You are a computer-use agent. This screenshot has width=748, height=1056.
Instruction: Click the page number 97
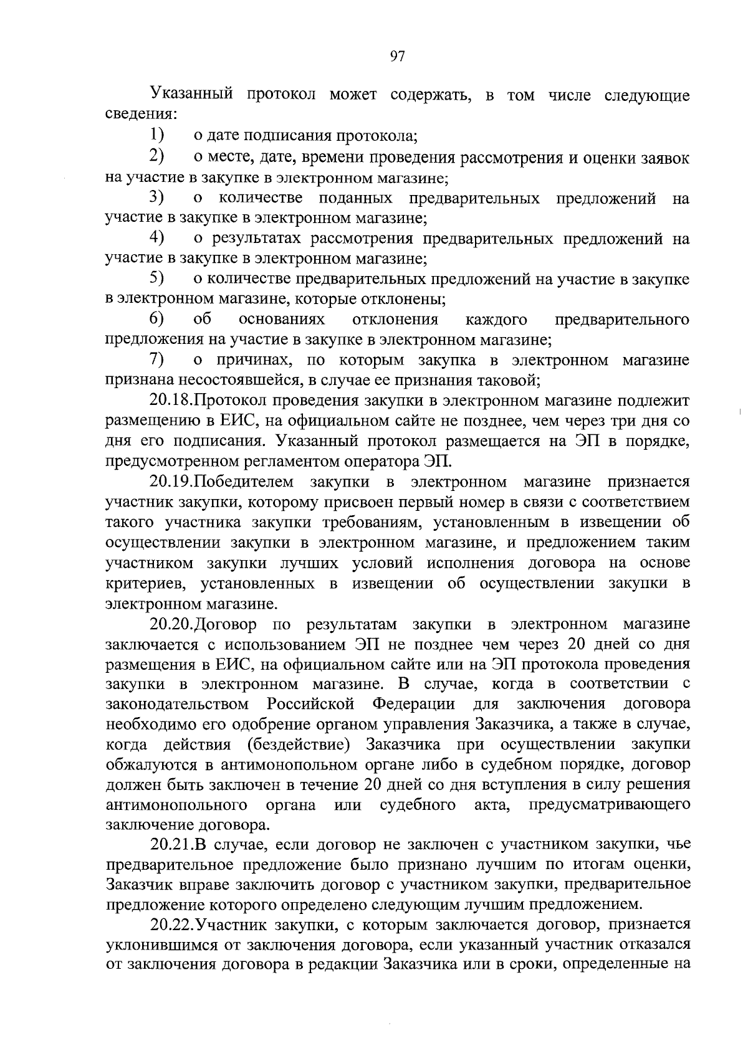[x=398, y=57]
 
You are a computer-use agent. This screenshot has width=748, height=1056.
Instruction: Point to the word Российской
[x=310, y=703]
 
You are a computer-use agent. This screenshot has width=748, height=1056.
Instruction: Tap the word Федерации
[x=413, y=703]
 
